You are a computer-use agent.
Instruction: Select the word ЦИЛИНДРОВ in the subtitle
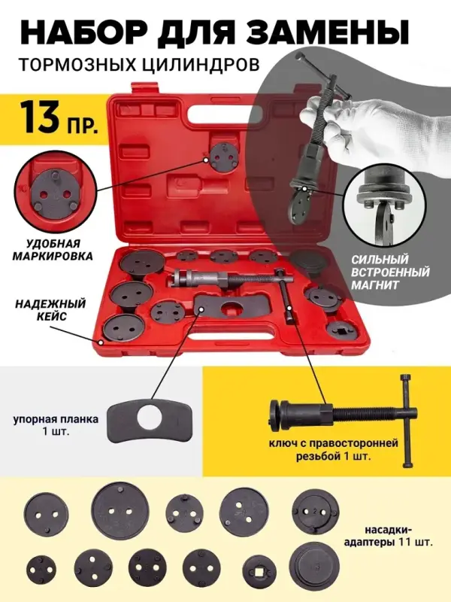pyautogui.click(x=202, y=65)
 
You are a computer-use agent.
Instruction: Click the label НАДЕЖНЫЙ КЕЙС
pyautogui.click(x=50, y=310)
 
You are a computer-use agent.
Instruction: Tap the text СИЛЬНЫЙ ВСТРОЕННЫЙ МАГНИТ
pyautogui.click(x=390, y=272)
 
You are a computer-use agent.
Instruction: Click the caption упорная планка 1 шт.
pyautogui.click(x=56, y=424)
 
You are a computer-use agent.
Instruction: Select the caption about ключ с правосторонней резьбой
pyautogui.click(x=333, y=450)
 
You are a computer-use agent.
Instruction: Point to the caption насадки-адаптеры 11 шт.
pyautogui.click(x=388, y=537)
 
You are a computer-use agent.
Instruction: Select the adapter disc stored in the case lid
pyautogui.click(x=223, y=157)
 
